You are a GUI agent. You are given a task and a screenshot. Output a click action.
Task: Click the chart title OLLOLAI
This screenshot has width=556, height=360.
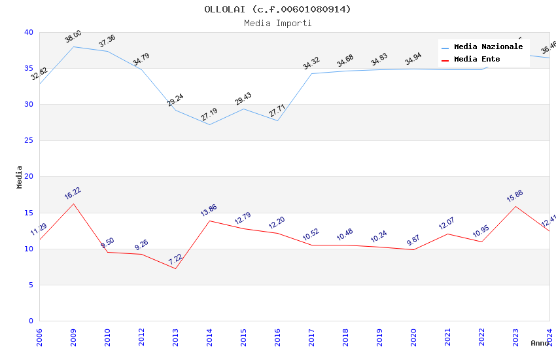277,9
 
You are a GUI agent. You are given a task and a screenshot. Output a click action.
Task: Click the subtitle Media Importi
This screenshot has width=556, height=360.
277,24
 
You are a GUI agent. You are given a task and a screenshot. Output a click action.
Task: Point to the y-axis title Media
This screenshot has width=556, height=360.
20,177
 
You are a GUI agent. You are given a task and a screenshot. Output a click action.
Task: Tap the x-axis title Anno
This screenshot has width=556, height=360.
540,343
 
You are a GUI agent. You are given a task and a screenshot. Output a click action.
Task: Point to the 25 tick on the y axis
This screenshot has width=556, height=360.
28,141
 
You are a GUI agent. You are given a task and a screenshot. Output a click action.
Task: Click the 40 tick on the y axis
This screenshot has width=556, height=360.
28,33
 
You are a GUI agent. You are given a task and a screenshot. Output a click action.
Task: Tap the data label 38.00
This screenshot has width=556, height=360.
73,37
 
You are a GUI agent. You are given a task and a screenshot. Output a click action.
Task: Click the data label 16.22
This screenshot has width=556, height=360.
73,194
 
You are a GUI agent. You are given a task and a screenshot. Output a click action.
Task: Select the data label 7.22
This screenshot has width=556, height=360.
175,259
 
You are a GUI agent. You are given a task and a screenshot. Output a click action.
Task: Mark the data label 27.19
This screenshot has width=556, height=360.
209,115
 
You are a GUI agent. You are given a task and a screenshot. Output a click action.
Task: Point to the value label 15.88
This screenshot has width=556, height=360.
515,196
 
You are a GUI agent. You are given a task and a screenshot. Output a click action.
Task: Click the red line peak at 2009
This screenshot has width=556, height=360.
73,204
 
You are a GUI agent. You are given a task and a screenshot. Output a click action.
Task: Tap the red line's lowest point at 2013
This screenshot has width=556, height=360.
175,268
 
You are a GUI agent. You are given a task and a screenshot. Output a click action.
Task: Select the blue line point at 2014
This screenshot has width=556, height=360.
209,124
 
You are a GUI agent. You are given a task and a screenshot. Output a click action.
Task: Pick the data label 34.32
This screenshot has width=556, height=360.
311,63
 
